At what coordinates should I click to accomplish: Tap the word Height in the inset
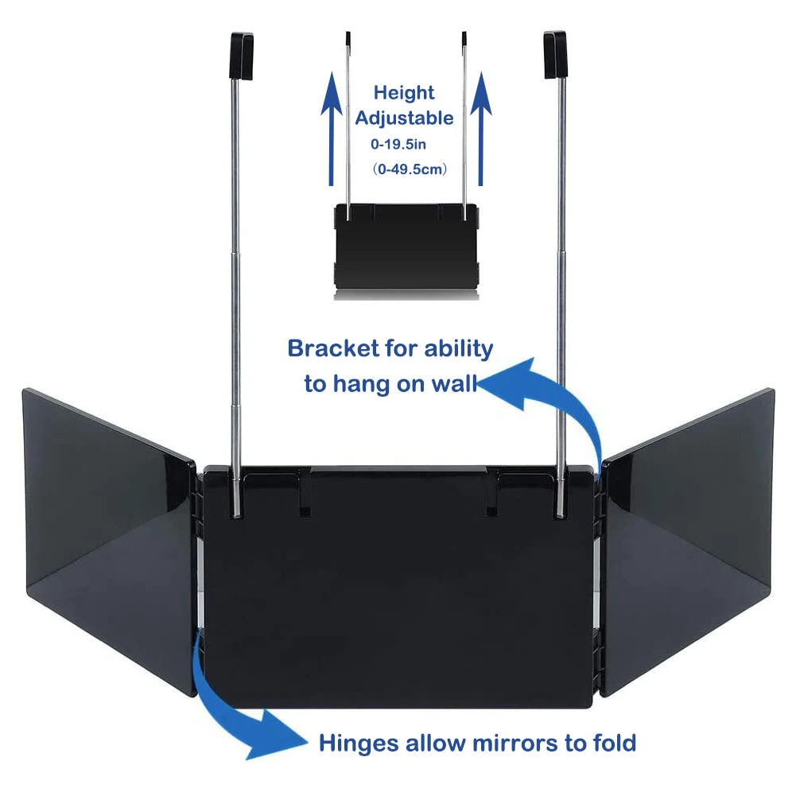click(x=404, y=92)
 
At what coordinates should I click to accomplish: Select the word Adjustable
click(x=404, y=118)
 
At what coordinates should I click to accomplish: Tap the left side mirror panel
click(x=107, y=537)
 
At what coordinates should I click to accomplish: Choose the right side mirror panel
click(x=687, y=537)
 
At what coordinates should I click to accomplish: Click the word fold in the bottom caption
click(x=612, y=744)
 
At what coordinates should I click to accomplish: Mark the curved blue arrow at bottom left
click(x=231, y=716)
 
